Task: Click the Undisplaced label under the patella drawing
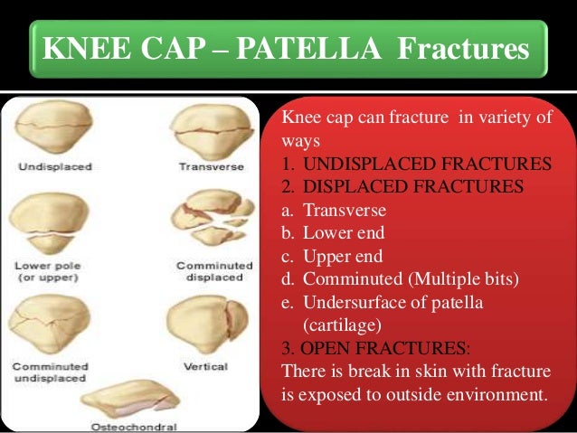[x=46, y=167]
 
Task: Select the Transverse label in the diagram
[x=209, y=167]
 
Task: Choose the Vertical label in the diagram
[x=205, y=366]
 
